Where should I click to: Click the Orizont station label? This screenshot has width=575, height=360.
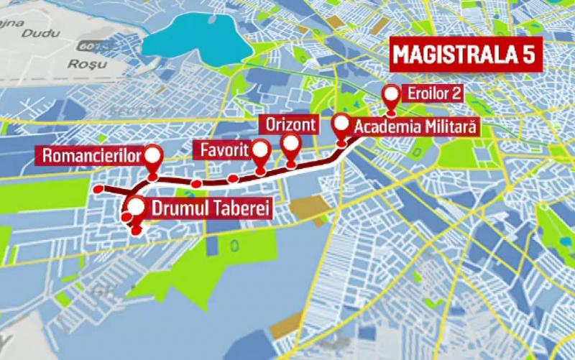pos(290,124)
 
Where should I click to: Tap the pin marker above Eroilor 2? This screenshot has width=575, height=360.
pos(391,95)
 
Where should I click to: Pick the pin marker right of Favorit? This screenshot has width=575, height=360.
pos(260,150)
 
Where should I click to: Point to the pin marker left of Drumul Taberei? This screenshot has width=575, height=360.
pos(134,208)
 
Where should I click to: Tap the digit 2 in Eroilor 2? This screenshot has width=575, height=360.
pos(456,93)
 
